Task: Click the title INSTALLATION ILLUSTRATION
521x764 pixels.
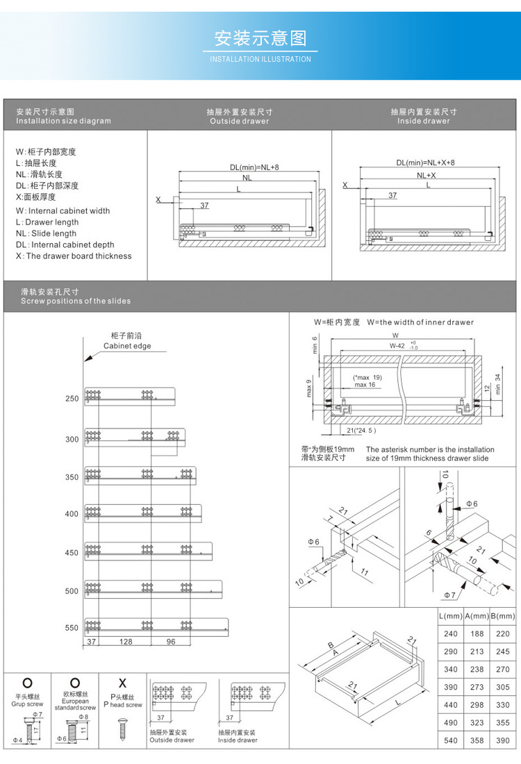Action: click(260, 59)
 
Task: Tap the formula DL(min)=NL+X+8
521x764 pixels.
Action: click(425, 163)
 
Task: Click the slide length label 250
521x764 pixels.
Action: click(72, 399)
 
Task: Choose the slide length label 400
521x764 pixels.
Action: click(72, 514)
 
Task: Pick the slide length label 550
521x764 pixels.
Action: click(72, 628)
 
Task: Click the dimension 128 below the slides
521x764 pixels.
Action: click(125, 642)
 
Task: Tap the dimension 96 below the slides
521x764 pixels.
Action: click(170, 642)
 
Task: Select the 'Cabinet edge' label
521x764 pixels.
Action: click(127, 346)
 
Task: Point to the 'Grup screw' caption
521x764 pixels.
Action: click(27, 704)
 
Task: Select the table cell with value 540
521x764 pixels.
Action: click(450, 741)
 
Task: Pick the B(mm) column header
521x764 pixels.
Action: click(502, 616)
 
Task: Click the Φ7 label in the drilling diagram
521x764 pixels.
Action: click(449, 595)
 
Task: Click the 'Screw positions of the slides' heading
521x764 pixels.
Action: click(76, 301)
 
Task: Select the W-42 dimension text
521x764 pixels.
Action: click(397, 345)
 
